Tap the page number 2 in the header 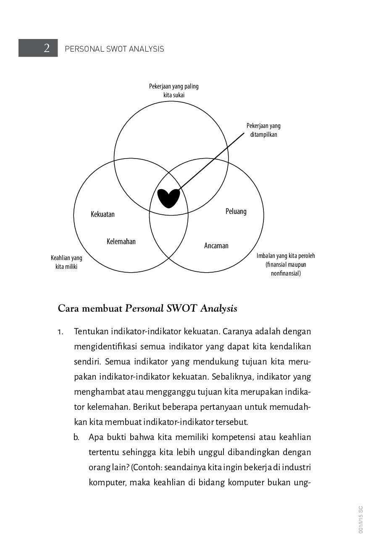click(x=46, y=48)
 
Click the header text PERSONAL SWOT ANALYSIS click(x=114, y=49)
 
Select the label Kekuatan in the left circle click(x=103, y=214)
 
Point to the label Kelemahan click(x=121, y=242)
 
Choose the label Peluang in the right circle click(x=236, y=211)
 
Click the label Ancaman click(x=216, y=246)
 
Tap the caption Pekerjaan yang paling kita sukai click(x=174, y=91)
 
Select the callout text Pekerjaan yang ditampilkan click(x=263, y=130)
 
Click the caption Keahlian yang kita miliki click(x=66, y=262)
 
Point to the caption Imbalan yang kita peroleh click(x=286, y=256)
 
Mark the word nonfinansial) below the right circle click(x=286, y=273)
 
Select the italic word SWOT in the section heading click(x=181, y=309)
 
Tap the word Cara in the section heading click(x=68, y=309)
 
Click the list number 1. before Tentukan click(x=61, y=332)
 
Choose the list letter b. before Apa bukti click(x=76, y=437)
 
